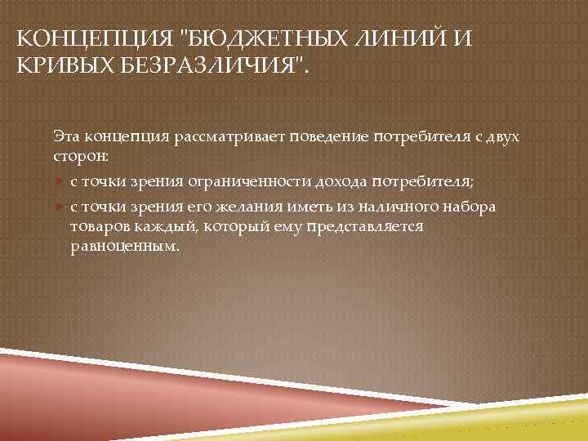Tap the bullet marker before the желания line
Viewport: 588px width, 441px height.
(60, 206)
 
